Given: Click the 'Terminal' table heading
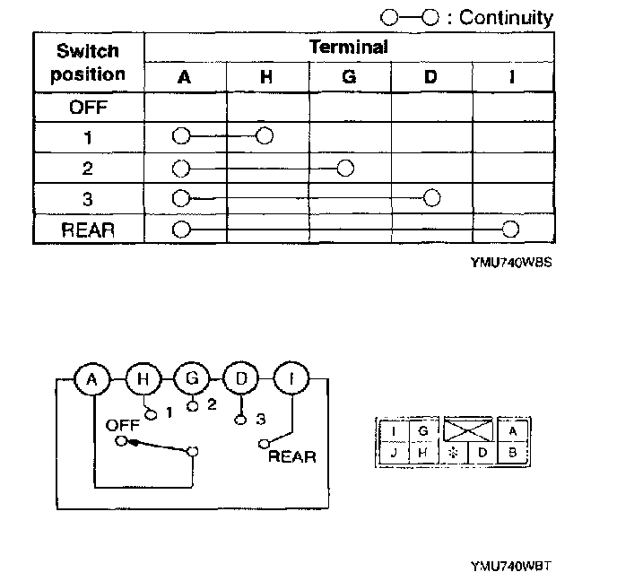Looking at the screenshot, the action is (x=349, y=47).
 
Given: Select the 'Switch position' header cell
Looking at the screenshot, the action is (x=88, y=62).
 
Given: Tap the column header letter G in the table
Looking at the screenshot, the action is (x=349, y=77).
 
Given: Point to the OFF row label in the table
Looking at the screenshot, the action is (x=88, y=108).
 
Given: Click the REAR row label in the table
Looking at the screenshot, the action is (x=88, y=229).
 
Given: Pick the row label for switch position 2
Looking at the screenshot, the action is (x=88, y=169).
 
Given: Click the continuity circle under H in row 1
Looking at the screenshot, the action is (x=264, y=136).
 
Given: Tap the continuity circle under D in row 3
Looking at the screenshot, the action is (x=431, y=197).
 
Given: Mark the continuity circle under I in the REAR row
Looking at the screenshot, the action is (x=511, y=228).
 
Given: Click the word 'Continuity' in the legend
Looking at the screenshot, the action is (x=506, y=17).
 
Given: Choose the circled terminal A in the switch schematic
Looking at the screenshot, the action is (x=91, y=379).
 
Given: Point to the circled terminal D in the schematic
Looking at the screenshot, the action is (x=241, y=379).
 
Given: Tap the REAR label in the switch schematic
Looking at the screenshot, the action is (x=292, y=456).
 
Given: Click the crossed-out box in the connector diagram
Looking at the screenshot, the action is (x=468, y=429).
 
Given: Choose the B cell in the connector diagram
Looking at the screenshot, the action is (x=512, y=452).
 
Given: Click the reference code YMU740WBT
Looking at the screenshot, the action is (x=510, y=567).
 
